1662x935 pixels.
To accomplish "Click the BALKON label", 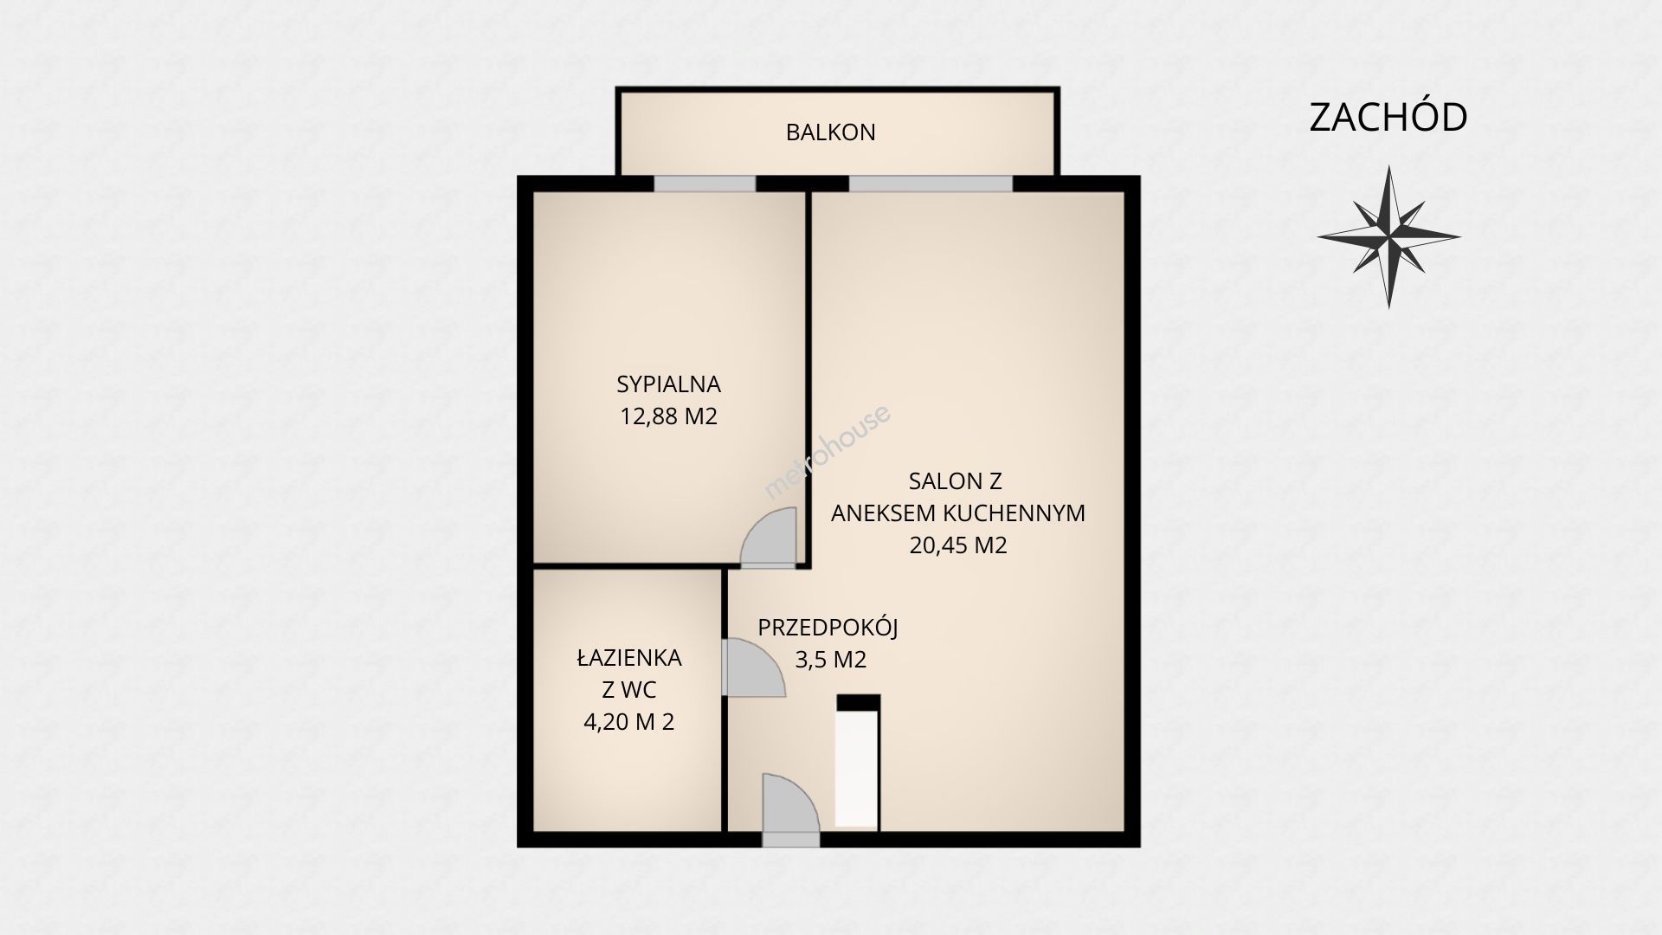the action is click(830, 132).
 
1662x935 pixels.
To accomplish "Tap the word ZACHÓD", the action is click(1388, 118).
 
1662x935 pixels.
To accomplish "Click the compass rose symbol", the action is click(1388, 236).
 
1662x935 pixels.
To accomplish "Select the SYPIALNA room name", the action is click(668, 384).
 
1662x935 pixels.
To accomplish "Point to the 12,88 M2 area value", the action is click(668, 416).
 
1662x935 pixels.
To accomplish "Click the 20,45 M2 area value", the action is click(958, 545).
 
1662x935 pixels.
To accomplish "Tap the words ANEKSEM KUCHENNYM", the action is click(958, 513).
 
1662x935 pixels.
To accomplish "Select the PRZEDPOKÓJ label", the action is click(828, 627).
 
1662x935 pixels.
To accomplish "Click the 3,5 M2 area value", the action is click(831, 660).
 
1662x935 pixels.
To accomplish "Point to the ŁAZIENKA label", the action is click(629, 657).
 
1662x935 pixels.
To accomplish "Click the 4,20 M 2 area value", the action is click(629, 721).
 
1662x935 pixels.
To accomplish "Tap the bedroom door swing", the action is click(769, 538).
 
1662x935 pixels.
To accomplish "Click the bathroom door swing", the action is click(753, 667).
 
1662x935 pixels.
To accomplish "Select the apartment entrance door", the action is click(790, 810).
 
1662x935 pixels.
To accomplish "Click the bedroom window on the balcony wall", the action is click(705, 184).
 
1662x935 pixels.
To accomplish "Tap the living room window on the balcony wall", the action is click(931, 184).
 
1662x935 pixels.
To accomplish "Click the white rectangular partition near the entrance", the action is click(858, 769).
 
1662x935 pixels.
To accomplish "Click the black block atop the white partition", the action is click(859, 703).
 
